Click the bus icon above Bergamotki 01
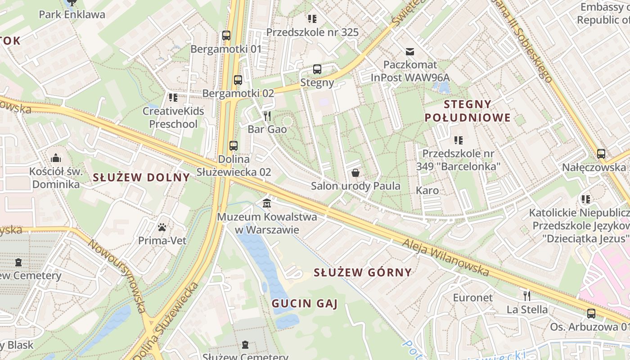226,35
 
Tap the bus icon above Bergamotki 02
238,80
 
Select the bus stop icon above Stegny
317,69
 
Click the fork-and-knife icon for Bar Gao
267,116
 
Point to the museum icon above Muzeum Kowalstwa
267,203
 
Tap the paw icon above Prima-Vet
162,227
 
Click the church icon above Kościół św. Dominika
56,158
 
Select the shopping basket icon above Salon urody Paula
355,173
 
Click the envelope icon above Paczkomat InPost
410,51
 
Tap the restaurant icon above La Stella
527,296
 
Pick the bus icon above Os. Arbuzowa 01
591,313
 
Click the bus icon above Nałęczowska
601,154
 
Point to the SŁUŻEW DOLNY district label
141,177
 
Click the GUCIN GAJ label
304,304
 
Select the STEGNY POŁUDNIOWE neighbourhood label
477,111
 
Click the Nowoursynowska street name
117,275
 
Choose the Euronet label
473,297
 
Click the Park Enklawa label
72,14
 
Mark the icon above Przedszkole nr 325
312,18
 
